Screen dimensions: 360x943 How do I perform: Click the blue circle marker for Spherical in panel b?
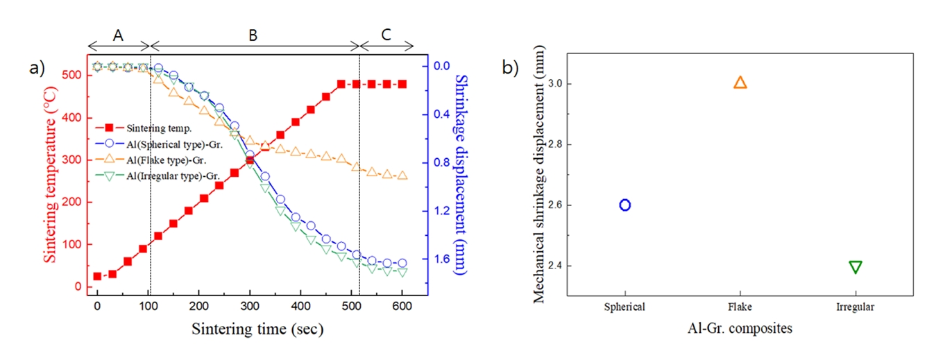click(x=625, y=205)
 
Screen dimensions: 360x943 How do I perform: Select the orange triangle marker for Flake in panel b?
click(x=740, y=83)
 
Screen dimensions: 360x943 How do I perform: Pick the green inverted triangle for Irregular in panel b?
click(x=855, y=267)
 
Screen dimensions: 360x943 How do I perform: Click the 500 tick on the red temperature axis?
click(x=73, y=75)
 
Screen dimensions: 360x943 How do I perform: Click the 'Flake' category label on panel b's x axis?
click(x=740, y=307)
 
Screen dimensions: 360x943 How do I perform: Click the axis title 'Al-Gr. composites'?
click(x=740, y=328)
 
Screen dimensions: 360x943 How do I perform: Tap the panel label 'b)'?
click(x=510, y=67)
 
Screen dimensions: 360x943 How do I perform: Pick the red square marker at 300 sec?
click(x=249, y=160)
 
